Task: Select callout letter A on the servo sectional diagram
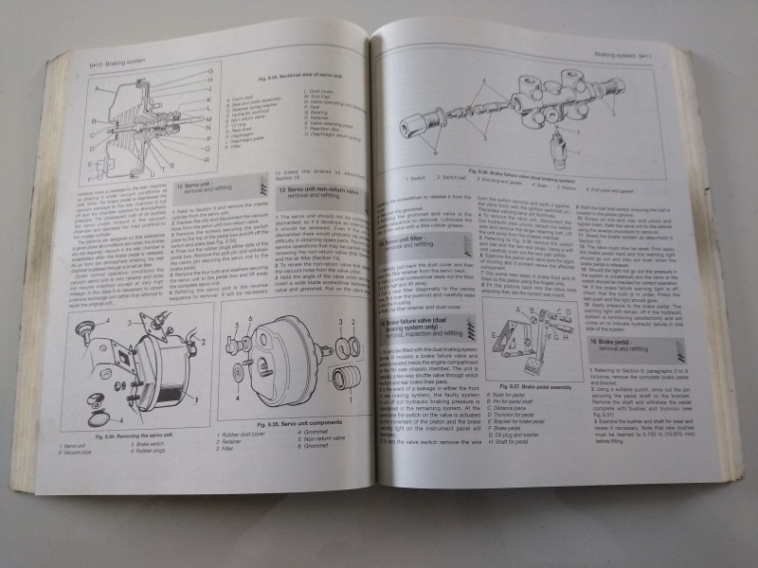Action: point(95,89)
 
